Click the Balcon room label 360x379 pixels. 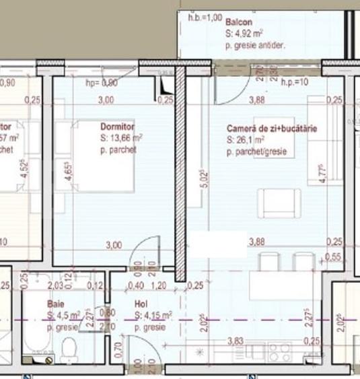pos(240,22)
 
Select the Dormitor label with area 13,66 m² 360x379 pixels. pos(117,127)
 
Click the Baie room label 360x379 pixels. pos(55,304)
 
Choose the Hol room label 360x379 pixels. pos(141,304)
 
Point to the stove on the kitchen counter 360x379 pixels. pos(279,349)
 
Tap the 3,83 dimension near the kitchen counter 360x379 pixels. pos(234,341)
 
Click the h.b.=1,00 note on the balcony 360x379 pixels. pos(201,18)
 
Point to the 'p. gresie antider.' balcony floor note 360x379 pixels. pos(256,46)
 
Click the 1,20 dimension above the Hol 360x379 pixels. pos(159,285)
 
